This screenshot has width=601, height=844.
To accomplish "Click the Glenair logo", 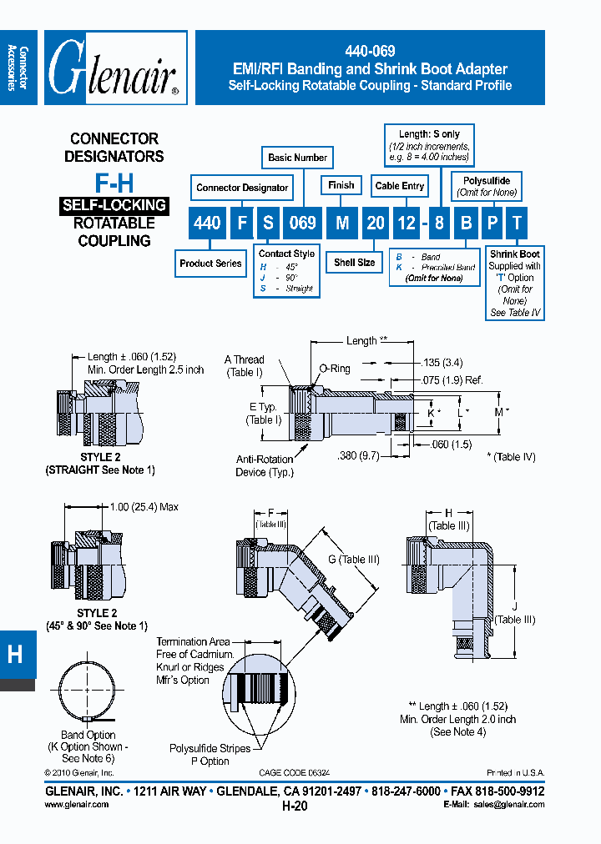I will pos(114,68).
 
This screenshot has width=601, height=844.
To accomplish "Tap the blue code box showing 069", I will pos(302,222).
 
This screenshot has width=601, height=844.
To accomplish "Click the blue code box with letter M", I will pos(341,222).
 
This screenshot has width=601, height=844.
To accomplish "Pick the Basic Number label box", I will pos(298,157).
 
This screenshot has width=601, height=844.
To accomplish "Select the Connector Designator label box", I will pos(242,188).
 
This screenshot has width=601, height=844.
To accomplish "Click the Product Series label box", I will pos(210,264).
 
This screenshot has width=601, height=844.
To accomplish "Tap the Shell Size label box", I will pos(354,263).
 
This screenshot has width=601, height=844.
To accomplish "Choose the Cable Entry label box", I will pos(400,186).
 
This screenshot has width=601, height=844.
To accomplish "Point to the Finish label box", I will pos(341,185).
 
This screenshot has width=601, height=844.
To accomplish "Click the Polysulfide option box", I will pos(487,186).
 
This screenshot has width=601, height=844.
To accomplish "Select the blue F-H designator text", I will pos(111,183).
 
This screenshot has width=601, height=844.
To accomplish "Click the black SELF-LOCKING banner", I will pos(113,205).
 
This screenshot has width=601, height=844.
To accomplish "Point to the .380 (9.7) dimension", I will pos(359,456).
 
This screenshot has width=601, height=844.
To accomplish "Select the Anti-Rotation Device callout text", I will pos(265,465).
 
